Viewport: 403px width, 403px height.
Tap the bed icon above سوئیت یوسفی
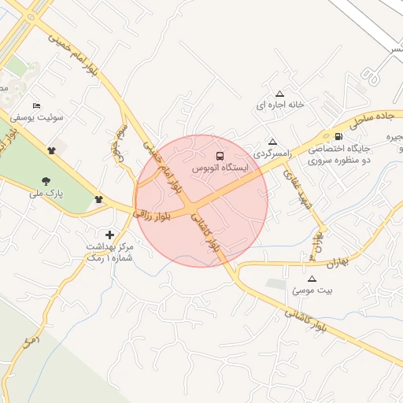pyautogui.click(x=36, y=106)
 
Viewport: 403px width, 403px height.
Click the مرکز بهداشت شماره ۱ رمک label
pyautogui.click(x=110, y=253)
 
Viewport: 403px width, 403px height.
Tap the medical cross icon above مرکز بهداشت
pyautogui.click(x=109, y=235)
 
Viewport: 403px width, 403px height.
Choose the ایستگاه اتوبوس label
pyautogui.click(x=220, y=168)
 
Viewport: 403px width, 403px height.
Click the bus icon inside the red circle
pyautogui.click(x=220, y=156)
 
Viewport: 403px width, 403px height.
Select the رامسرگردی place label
pyautogui.click(x=272, y=154)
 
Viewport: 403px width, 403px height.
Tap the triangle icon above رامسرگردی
pyautogui.click(x=272, y=142)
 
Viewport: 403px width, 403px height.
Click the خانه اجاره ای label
pyautogui.click(x=279, y=105)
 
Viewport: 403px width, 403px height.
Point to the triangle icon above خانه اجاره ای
pyautogui.click(x=279, y=93)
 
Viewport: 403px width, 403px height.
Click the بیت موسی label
pyautogui.click(x=312, y=290)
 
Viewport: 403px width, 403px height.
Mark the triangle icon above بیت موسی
pyautogui.click(x=312, y=279)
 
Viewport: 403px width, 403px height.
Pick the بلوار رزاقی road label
pyautogui.click(x=152, y=210)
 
